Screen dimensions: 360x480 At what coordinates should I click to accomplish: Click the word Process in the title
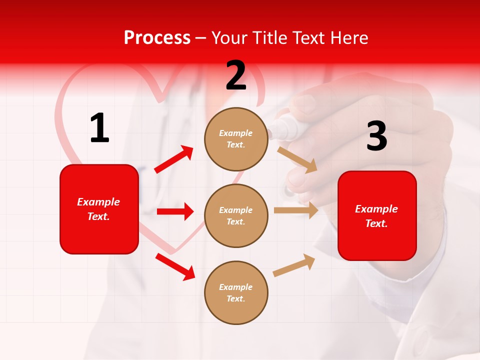pyautogui.click(x=157, y=38)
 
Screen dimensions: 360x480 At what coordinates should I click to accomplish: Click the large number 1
pyautogui.click(x=99, y=128)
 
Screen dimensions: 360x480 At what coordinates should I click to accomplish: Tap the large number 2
pyautogui.click(x=236, y=75)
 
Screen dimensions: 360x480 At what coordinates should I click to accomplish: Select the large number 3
pyautogui.click(x=376, y=136)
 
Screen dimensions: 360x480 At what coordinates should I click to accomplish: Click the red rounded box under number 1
pyautogui.click(x=99, y=209)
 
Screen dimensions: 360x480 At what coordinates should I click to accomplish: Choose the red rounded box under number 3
pyautogui.click(x=377, y=216)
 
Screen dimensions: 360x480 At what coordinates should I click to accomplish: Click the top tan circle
pyautogui.click(x=236, y=139)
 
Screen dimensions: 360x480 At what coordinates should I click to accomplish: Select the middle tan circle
pyautogui.click(x=236, y=215)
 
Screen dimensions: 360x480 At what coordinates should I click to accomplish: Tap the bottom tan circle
pyautogui.click(x=236, y=292)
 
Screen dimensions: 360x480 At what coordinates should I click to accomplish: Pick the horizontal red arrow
pyautogui.click(x=175, y=211)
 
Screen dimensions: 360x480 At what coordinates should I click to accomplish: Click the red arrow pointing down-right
pyautogui.click(x=175, y=266)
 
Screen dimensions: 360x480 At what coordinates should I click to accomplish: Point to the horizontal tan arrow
pyautogui.click(x=296, y=210)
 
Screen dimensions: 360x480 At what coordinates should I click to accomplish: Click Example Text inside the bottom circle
pyautogui.click(x=236, y=292)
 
